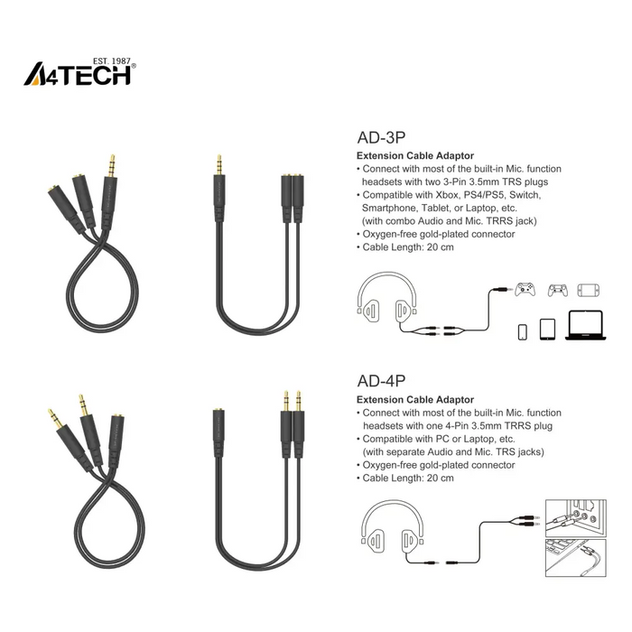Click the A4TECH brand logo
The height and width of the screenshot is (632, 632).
[x=79, y=74]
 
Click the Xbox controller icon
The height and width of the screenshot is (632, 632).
[x=525, y=290]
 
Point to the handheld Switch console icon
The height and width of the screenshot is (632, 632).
[x=589, y=290]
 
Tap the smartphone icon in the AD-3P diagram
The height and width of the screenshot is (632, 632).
[x=523, y=330]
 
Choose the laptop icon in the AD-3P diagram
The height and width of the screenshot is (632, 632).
[x=585, y=328]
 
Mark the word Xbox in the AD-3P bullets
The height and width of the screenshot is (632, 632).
[x=432, y=195]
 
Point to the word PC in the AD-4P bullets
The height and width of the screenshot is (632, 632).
[x=426, y=438]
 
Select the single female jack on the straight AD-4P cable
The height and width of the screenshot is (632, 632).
[x=218, y=421]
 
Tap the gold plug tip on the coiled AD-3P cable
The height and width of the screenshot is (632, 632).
[x=110, y=166]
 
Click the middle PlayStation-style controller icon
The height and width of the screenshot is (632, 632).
[x=557, y=290]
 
